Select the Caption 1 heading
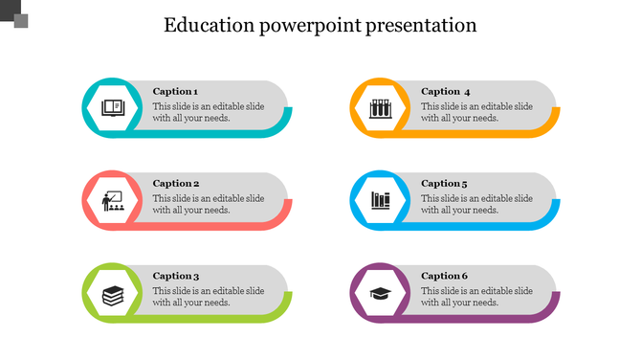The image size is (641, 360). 176,92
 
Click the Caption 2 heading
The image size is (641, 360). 176,184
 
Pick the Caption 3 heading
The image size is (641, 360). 176,277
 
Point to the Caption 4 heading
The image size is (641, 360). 446,92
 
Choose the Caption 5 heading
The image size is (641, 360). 445,184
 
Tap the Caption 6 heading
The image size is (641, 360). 445,277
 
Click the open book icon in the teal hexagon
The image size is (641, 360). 113,107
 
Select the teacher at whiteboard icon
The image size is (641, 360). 113,200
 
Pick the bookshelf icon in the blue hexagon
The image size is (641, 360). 381,200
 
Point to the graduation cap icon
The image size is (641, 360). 381,293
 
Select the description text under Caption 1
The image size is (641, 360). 209,113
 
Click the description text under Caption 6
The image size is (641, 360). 477,297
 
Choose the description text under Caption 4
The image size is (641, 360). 477,113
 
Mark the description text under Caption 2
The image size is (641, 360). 209,205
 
